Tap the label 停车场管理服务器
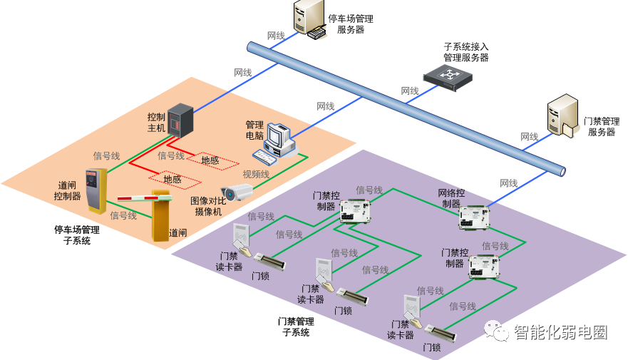click(x=350, y=24)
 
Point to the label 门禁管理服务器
click(x=601, y=127)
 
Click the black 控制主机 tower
click(x=180, y=120)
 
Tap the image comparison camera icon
click(x=237, y=191)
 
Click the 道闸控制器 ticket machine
click(x=96, y=190)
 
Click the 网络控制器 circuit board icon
click(x=473, y=217)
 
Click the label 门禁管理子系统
click(x=296, y=326)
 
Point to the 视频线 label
click(x=256, y=174)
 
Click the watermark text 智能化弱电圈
click(x=560, y=332)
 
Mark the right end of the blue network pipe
click(x=561, y=171)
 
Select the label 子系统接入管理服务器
click(x=466, y=52)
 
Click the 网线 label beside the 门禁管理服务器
click(x=529, y=137)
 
